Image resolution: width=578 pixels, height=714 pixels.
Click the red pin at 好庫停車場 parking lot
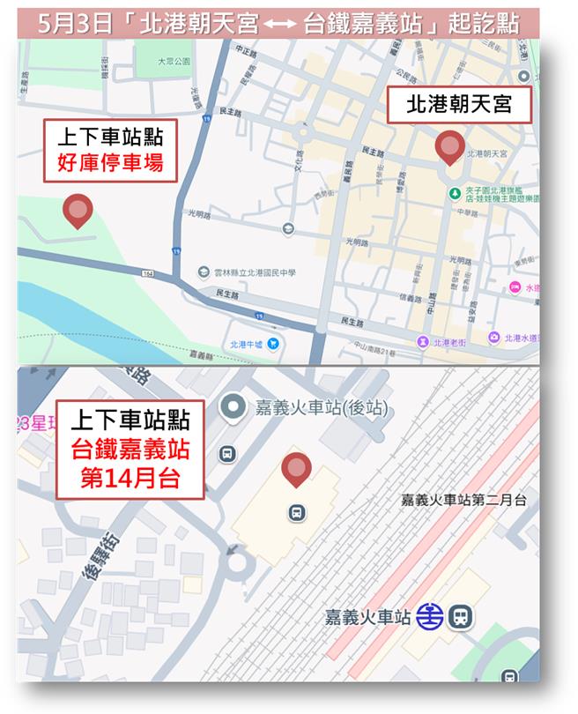[78, 211]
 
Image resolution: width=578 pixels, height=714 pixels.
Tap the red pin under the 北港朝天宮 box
[450, 147]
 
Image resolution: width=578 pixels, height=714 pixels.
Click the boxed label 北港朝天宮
[458, 106]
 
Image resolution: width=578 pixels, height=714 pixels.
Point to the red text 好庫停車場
[111, 163]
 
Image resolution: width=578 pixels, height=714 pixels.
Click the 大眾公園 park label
[174, 63]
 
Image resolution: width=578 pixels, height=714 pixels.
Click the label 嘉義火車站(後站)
[321, 407]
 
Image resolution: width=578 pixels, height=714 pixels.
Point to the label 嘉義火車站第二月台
[463, 500]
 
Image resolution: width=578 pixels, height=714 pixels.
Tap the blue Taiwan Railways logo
[430, 615]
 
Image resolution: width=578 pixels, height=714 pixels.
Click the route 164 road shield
[146, 274]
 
